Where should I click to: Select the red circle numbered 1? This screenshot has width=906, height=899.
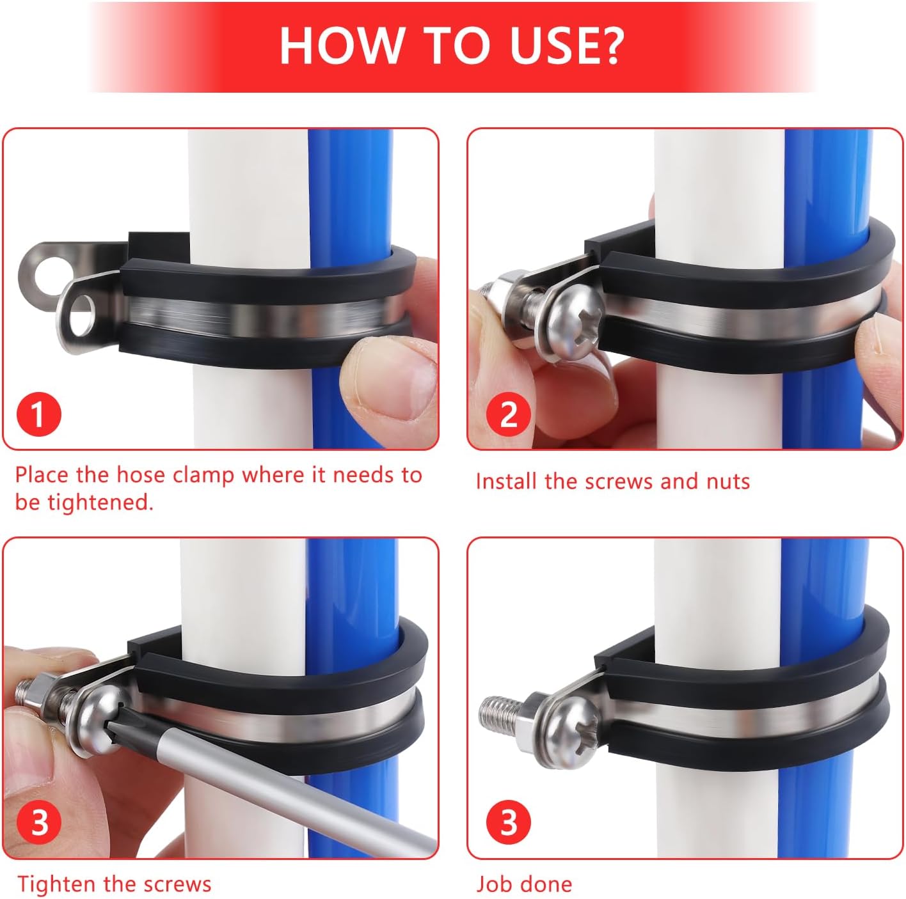click(x=38, y=414)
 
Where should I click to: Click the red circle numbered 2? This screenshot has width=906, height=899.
click(x=508, y=414)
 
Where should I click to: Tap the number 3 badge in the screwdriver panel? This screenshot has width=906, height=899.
click(x=38, y=823)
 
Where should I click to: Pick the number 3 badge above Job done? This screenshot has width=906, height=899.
click(x=508, y=823)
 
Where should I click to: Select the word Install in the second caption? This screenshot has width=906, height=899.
click(x=506, y=481)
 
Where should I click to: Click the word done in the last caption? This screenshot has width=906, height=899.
click(x=547, y=884)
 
